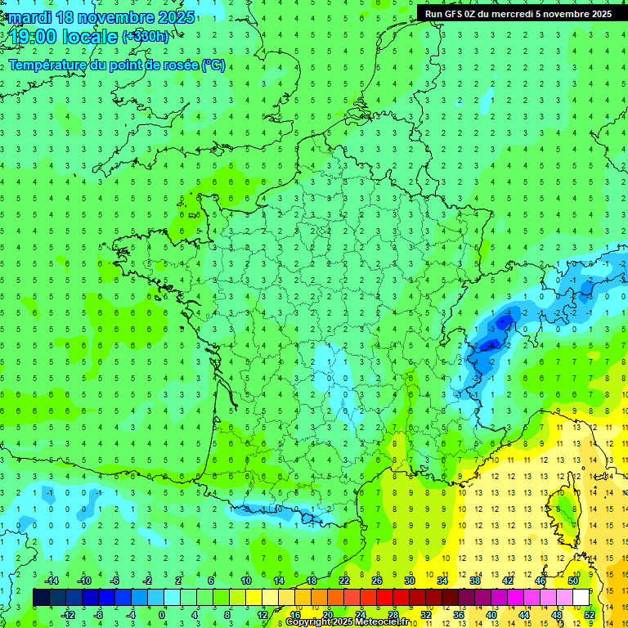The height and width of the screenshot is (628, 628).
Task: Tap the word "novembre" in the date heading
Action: pos(114,17)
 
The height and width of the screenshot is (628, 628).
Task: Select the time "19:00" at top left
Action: pos(33,37)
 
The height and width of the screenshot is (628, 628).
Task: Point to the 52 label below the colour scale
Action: pos(589,615)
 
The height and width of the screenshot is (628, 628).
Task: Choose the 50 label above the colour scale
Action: pos(572,581)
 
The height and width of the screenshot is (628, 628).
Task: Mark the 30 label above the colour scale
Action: pos(410,581)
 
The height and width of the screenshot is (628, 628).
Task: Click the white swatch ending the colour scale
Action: pos(581,598)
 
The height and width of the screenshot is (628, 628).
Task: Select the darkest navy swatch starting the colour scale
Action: pos(41,598)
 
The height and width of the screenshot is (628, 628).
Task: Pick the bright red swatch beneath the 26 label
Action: pos(384,598)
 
